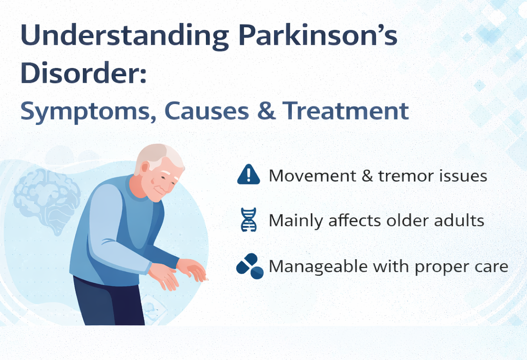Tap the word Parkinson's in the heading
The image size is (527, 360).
point(318,34)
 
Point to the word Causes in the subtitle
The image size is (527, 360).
point(207,111)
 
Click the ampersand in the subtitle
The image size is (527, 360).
point(266,111)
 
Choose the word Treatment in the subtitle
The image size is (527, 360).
point(345,111)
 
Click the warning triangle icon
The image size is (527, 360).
point(249,174)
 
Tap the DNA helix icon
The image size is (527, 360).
point(249,220)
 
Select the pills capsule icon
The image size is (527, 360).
point(250,266)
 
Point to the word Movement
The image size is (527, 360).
point(312,176)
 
